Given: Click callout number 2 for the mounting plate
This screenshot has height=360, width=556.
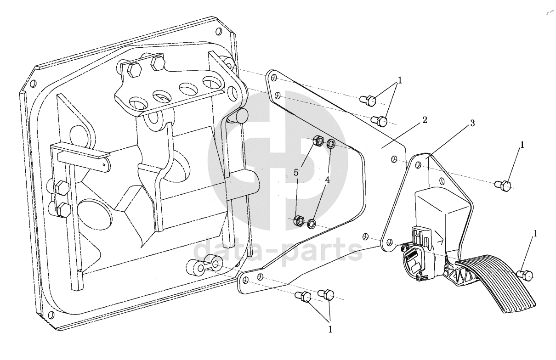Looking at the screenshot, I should tap(425, 120).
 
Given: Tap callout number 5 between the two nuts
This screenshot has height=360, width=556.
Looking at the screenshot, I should tap(296, 173).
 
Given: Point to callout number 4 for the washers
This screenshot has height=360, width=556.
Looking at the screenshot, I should tap(328, 181).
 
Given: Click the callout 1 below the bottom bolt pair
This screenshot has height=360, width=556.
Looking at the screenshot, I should tap(330, 329).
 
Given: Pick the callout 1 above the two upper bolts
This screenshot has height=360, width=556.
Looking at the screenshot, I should tap(400, 80).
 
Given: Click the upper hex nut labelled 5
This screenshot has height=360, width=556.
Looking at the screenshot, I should tap(316, 141).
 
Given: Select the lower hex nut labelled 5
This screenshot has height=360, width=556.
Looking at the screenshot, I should tap(298, 222).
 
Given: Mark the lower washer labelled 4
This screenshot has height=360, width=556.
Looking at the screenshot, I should tap(312, 224).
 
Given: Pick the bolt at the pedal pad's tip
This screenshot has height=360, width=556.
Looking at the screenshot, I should tap(524, 275).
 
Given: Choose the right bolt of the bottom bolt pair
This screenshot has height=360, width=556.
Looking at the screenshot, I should tap(327, 293).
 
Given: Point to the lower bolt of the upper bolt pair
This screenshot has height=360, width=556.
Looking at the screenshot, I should tap(380, 120).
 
